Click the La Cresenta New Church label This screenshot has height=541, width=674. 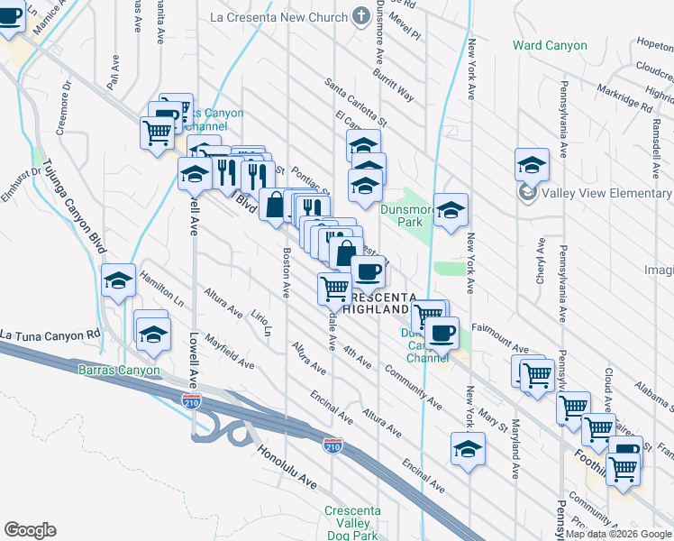(x=278, y=17)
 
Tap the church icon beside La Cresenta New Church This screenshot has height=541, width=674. (x=361, y=16)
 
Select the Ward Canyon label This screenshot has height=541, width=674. (x=550, y=45)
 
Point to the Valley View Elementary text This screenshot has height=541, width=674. (x=606, y=191)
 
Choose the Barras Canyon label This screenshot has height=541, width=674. (x=119, y=370)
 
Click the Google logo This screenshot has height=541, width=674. (x=30, y=530)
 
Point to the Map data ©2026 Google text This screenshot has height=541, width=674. (x=619, y=534)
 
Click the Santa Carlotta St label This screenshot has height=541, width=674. (x=356, y=101)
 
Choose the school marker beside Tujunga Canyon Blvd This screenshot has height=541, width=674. (x=118, y=280)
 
